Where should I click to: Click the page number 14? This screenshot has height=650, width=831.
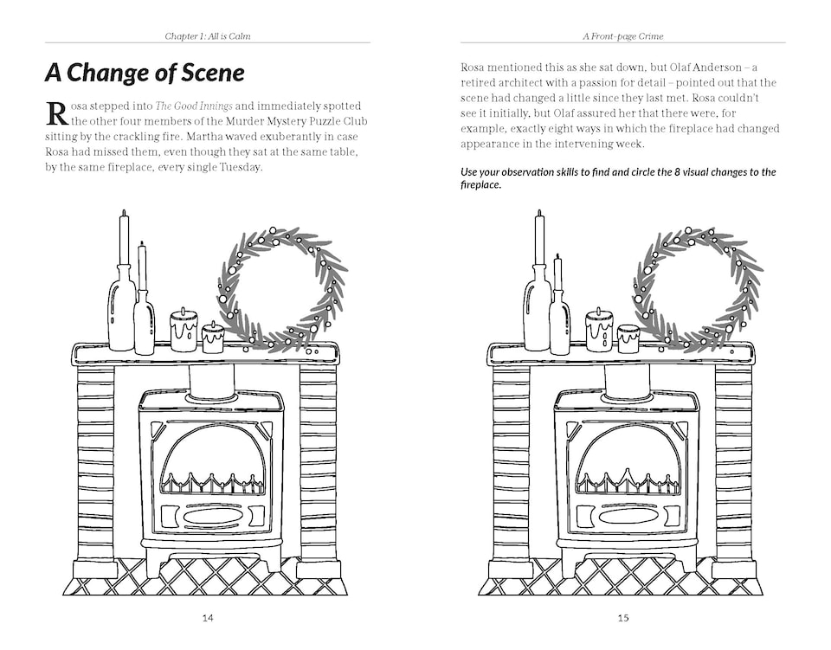pos(207,617)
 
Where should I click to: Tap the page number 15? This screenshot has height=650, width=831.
pos(623,617)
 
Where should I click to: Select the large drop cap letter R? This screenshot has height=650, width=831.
pos(56,113)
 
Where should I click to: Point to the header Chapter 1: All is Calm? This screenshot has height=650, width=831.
pos(213,36)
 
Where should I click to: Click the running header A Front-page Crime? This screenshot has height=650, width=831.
pos(623,36)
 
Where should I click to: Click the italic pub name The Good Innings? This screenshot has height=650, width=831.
pos(192,106)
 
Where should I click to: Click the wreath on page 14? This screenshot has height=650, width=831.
pos(281,289)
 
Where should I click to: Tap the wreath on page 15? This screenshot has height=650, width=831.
pos(698,289)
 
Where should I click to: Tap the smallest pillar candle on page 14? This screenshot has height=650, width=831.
pos(213,337)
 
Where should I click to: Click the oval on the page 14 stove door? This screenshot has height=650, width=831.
pos(212,516)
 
